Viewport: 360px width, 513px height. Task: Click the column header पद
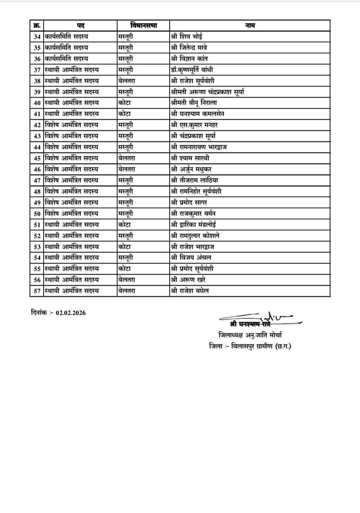81,26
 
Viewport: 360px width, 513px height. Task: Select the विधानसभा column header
143,26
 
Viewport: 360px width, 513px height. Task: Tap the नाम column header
250,26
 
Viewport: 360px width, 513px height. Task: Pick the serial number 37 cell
37,70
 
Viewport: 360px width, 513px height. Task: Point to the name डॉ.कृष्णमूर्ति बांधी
192,70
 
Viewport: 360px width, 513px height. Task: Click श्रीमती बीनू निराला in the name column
194,103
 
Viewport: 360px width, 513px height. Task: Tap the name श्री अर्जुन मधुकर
191,169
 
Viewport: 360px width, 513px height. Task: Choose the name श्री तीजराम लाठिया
194,180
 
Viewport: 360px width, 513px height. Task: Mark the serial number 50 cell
37,214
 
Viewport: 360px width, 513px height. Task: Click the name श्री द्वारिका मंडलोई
194,225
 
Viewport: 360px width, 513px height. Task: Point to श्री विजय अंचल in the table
191,258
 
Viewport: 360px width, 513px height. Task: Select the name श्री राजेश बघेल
190,291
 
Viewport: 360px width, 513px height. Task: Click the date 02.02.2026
71,313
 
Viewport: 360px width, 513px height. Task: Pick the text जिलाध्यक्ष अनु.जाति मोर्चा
250,335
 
